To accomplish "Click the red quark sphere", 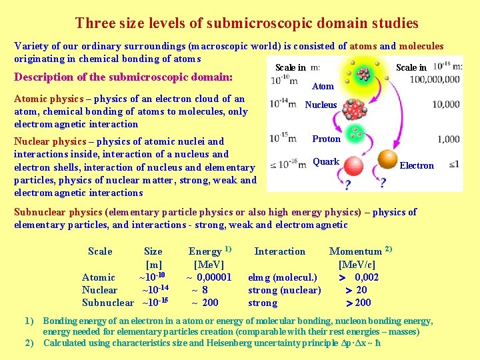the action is click(x=349, y=166).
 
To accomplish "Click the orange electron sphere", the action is click(x=387, y=160).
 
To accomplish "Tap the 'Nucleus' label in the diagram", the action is click(x=321, y=105).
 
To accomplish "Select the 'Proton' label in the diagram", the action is click(x=326, y=139).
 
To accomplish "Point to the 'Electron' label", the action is click(x=417, y=165).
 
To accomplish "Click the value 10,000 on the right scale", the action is click(x=446, y=105).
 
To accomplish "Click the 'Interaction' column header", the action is click(x=280, y=251).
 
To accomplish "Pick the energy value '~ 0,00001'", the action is click(x=208, y=277).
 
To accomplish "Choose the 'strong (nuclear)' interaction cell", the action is click(x=284, y=290).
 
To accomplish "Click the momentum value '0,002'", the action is click(x=367, y=277).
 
